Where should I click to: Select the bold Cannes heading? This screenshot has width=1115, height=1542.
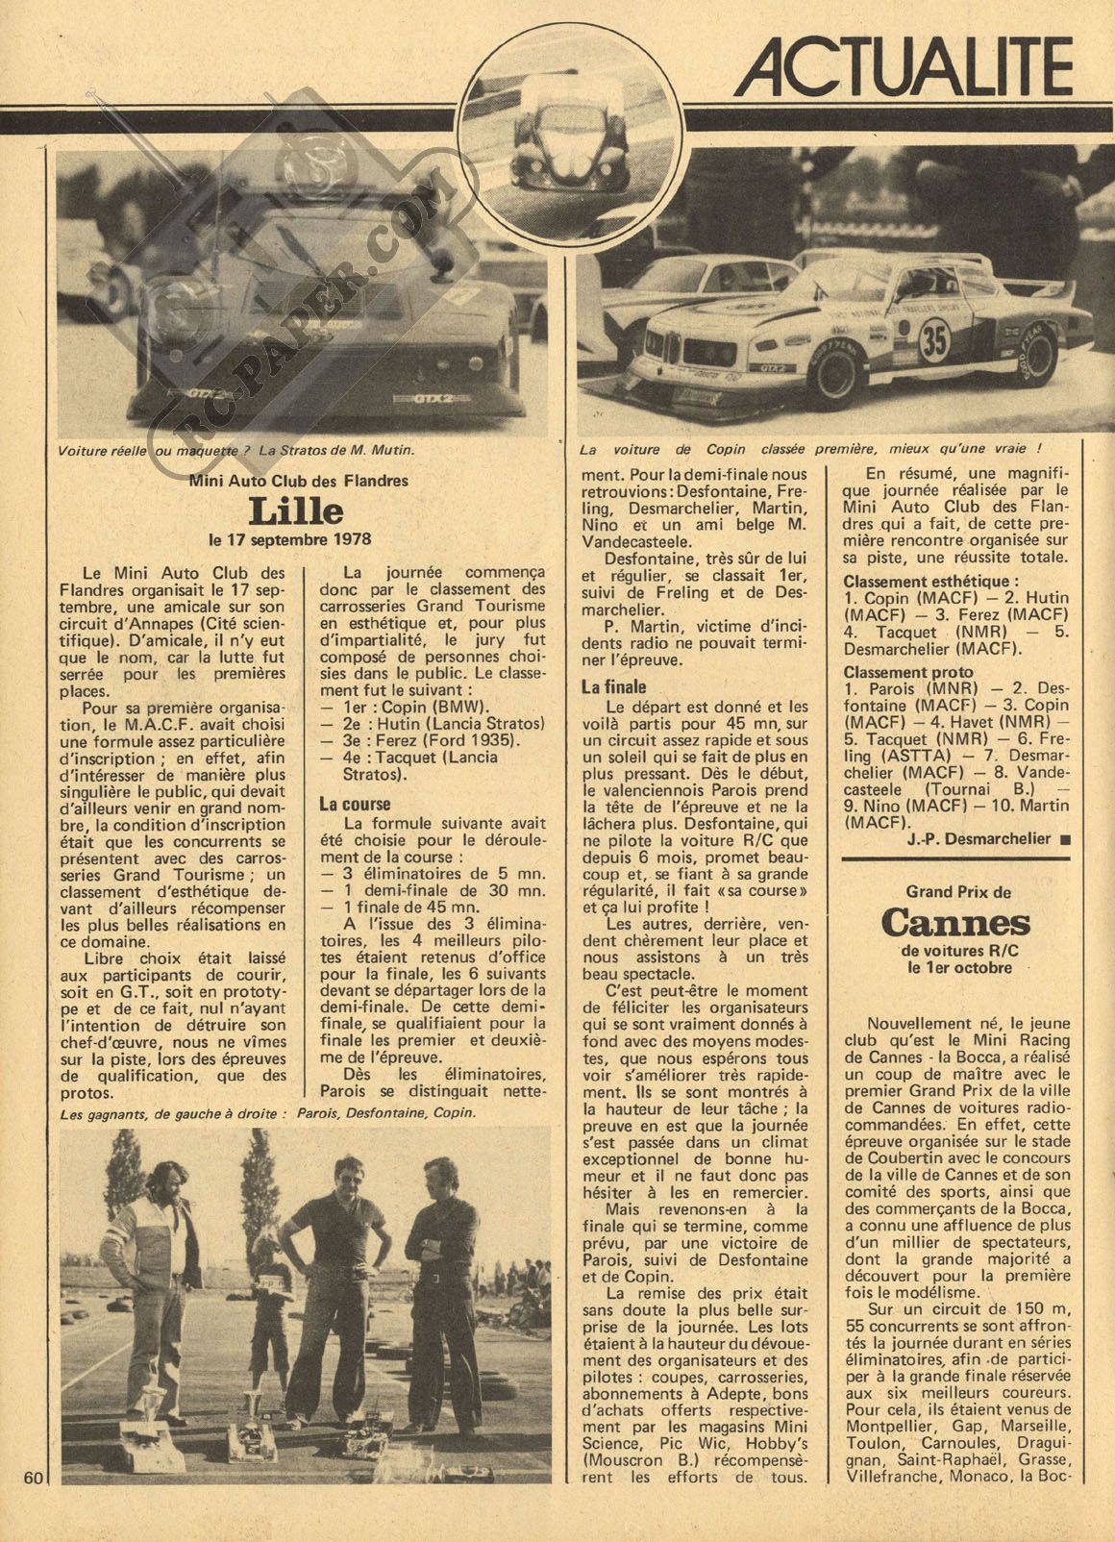point(954,923)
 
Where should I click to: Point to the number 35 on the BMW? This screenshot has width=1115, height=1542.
point(931,340)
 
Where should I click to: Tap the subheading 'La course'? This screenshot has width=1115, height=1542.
point(355,804)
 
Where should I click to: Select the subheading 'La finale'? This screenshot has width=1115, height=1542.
point(614,687)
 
